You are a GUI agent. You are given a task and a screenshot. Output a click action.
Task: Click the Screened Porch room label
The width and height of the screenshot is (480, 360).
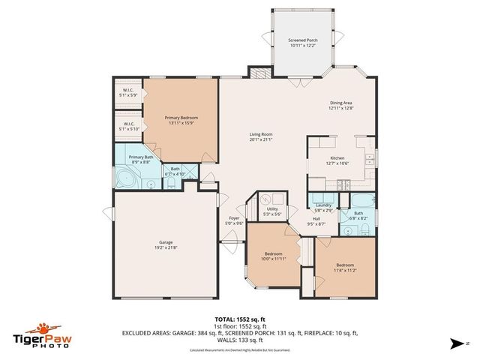304,42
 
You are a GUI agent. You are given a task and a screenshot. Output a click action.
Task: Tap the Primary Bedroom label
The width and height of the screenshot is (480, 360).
181,121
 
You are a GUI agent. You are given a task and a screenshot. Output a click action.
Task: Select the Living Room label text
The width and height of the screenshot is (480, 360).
261,136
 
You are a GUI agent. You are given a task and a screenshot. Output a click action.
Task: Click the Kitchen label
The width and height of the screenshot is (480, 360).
337,160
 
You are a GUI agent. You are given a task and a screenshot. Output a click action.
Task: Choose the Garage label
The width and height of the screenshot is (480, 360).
166,244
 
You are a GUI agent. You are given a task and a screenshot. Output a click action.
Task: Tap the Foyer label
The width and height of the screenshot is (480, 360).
235,220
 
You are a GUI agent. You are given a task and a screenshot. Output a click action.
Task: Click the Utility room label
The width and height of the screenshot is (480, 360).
272,211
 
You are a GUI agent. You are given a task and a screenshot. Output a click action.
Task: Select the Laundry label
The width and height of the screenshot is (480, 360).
323,207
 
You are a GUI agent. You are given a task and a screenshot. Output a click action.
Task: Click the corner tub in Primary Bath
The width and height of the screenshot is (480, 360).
125,180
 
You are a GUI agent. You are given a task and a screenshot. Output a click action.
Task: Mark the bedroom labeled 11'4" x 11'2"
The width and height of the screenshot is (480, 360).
345,267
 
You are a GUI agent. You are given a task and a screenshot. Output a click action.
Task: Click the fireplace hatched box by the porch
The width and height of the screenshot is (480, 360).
259,73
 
